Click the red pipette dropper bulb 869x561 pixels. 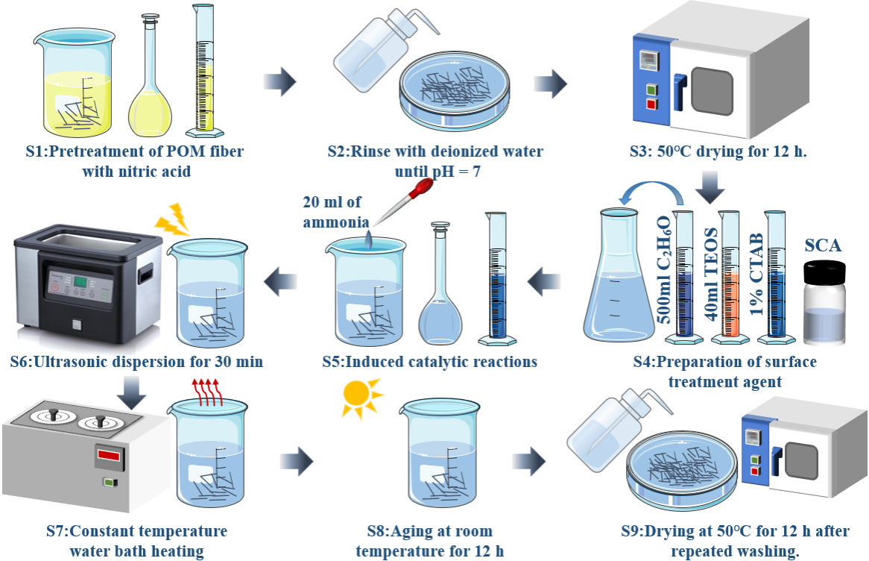click(426, 187)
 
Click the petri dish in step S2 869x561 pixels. click(456, 93)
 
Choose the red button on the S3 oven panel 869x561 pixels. click(651, 103)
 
